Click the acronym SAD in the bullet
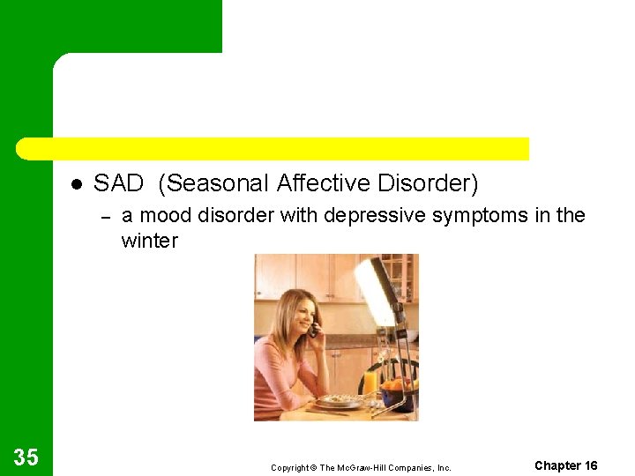pos(118,183)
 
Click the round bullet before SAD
pos(77,184)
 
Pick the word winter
pos(149,241)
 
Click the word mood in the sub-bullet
pos(166,215)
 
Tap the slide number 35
pos(26,457)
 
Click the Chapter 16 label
pos(565,465)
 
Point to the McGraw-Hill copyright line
pos(361,467)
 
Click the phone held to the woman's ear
pos(312,330)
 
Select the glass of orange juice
pos(370,382)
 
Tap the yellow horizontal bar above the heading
pos(273,148)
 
